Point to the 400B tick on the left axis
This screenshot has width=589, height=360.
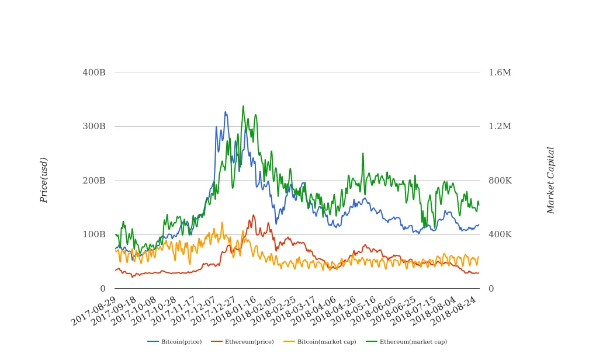[x=94, y=72]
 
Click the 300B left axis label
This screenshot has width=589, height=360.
[x=94, y=126]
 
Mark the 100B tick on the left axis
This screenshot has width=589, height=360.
[x=94, y=234]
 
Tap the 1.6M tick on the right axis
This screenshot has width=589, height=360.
[x=500, y=72]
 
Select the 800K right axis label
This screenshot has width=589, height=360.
[x=500, y=181]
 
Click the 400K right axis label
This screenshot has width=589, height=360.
[x=500, y=234]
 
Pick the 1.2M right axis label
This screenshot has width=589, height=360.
[x=500, y=126]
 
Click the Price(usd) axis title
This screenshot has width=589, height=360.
[x=44, y=180]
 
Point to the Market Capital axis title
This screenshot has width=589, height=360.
[x=550, y=180]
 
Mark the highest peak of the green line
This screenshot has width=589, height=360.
[x=243, y=106]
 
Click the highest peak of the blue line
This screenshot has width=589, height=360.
[x=225, y=112]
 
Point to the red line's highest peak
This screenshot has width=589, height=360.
[x=253, y=215]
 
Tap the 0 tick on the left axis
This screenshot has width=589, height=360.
[x=103, y=289]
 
